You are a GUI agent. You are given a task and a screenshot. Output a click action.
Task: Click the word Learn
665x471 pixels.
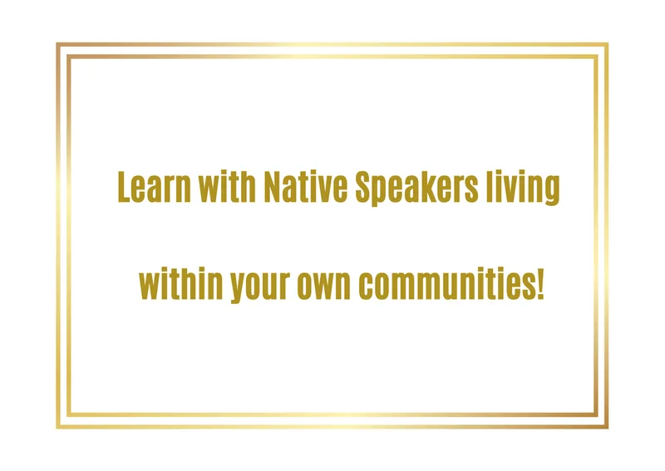pos(154,187)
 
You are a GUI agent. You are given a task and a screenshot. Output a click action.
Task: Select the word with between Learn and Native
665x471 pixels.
pos(227,186)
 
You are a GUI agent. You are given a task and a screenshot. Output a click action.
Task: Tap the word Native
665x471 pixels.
pos(306,186)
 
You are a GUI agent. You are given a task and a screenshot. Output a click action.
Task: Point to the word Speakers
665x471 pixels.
pos(417,189)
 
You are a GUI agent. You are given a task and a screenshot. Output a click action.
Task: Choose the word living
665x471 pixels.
pos(523,189)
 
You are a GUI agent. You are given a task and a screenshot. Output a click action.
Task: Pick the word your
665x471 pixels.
pos(260,286)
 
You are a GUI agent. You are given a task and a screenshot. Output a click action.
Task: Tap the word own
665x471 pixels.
pos(323,286)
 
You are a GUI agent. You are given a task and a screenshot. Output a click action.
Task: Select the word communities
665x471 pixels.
pos(446,283)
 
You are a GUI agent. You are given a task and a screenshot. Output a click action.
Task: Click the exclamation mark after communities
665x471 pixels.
pos(539,283)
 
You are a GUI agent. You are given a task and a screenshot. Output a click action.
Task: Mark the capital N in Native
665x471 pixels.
pos(273,187)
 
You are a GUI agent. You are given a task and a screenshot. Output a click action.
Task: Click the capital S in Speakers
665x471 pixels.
pos(364,187)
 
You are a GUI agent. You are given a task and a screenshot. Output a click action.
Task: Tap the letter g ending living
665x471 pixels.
pos(552,191)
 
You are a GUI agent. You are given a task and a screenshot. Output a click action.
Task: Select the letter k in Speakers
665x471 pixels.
pos(434,186)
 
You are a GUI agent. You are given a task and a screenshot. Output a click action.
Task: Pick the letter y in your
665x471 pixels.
pos(239,288)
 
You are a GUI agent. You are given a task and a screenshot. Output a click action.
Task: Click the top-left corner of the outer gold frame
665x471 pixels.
pos(57,44)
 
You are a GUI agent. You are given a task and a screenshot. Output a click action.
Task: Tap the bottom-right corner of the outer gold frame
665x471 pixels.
pos(608,427)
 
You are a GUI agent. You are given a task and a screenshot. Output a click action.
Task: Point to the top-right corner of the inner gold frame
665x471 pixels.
pos(596,56)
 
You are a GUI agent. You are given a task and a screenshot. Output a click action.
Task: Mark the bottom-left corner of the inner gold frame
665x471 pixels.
pos(68,415)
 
